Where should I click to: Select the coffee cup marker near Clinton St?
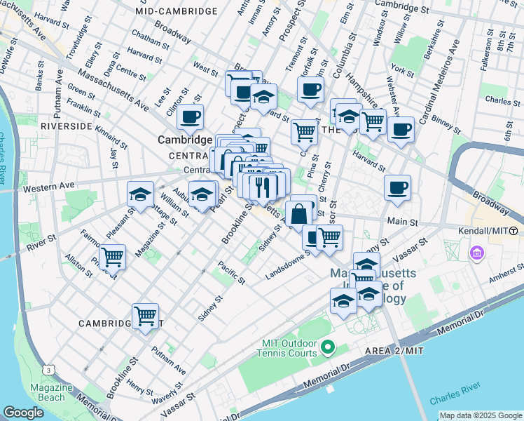tap(190, 117)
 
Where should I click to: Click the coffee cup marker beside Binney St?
tap(401, 130)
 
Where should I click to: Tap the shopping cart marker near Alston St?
tap(112, 256)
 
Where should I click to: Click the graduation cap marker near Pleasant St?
tap(140, 194)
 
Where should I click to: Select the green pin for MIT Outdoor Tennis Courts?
tap(327, 347)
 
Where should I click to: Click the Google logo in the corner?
tap(24, 412)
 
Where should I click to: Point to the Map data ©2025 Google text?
tap(480, 415)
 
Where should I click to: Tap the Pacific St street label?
tap(230, 272)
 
